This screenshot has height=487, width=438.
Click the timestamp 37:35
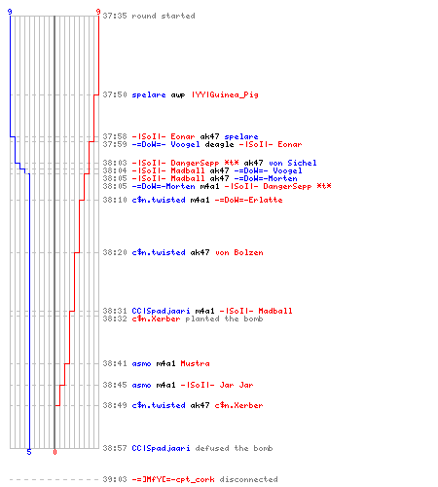(x=115, y=16)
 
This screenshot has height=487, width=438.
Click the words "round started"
(x=164, y=16)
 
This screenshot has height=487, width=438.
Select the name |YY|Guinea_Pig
(x=225, y=94)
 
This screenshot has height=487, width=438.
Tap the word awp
(x=178, y=95)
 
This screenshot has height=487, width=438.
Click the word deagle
(x=219, y=144)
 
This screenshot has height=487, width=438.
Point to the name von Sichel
(x=293, y=163)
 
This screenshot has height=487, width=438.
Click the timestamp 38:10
(x=115, y=200)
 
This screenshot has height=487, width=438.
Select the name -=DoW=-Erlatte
(x=248, y=200)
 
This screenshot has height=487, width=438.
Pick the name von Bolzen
(x=239, y=252)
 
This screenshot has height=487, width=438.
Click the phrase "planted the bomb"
(x=224, y=318)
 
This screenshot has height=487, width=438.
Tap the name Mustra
(x=195, y=363)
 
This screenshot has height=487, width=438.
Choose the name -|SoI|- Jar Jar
(x=217, y=385)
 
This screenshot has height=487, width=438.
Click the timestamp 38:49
(x=115, y=405)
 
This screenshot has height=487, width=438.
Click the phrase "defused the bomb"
(x=234, y=448)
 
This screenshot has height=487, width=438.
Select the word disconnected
(x=248, y=479)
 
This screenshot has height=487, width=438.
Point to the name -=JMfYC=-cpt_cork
(x=173, y=479)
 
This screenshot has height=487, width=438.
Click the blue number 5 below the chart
(x=29, y=452)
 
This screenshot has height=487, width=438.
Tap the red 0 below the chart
(x=55, y=452)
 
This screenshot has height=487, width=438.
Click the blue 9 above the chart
(x=10, y=12)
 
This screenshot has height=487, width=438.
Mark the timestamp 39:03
(x=115, y=479)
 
